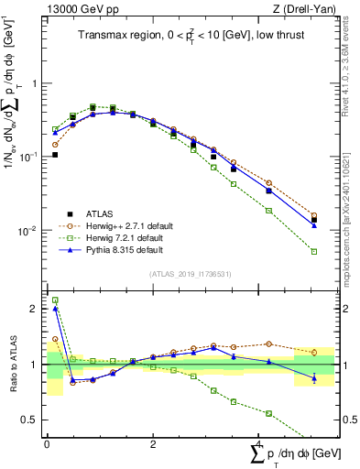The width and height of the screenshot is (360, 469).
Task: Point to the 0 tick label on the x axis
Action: pos(47,444)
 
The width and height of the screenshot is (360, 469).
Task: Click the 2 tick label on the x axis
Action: pos(153,444)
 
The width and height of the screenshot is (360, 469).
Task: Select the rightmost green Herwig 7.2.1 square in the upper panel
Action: pos(313,251)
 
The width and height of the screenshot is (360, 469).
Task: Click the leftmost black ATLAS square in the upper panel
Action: pos(55,155)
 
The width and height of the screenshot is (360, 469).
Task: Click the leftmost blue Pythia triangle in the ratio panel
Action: pos(55,309)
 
